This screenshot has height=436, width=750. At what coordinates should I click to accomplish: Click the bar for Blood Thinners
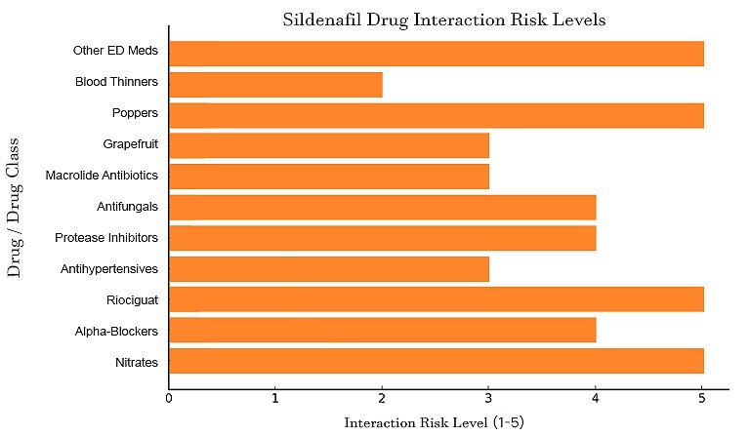coord(275,85)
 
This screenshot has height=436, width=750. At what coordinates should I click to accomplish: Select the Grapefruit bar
coord(329,146)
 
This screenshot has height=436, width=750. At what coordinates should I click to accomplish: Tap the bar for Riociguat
coord(436,299)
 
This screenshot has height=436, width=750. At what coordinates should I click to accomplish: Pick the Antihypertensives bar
coord(329,269)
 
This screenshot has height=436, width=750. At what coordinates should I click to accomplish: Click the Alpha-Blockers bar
coord(382,331)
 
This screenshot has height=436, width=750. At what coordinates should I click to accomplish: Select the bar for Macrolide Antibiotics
coord(329,177)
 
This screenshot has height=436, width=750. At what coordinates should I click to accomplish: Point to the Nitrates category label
coord(136,363)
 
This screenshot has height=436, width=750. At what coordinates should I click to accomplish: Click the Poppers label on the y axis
coord(136,113)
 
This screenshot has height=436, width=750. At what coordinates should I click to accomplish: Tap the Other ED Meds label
coord(116,51)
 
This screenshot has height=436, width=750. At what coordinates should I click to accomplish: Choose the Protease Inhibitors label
coord(106,238)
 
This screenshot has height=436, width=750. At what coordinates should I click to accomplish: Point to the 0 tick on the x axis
coord(169,398)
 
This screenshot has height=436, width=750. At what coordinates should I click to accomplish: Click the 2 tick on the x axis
coord(382,398)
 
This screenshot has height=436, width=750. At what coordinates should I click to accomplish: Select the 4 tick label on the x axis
coord(595,398)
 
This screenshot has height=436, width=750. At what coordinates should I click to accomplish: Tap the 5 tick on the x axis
coord(701,398)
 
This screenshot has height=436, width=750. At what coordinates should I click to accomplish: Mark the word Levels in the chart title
coord(578,20)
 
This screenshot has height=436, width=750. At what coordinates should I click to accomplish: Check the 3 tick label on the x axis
coord(488,398)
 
